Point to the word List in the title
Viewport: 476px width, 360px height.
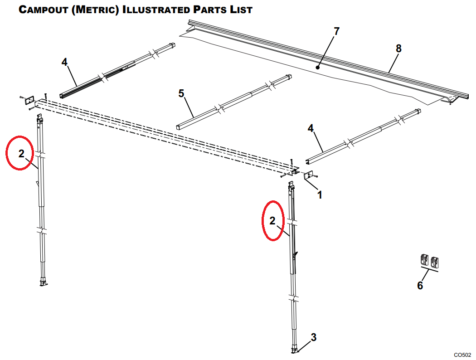[x=239, y=10]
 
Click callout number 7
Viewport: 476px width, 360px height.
[x=336, y=31]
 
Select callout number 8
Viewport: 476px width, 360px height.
[x=398, y=48]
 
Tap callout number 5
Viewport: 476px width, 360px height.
[x=181, y=93]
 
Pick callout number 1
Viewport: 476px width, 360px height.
[x=320, y=195]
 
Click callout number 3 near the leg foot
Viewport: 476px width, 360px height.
[x=313, y=337]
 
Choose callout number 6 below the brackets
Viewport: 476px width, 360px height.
[x=420, y=286]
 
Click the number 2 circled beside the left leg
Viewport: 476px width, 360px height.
[x=21, y=153]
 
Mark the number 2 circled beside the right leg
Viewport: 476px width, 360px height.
[x=272, y=221]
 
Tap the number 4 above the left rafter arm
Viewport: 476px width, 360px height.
[x=65, y=62]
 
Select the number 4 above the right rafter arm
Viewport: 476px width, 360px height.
[x=311, y=128]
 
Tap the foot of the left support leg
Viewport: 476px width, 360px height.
[x=44, y=283]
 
